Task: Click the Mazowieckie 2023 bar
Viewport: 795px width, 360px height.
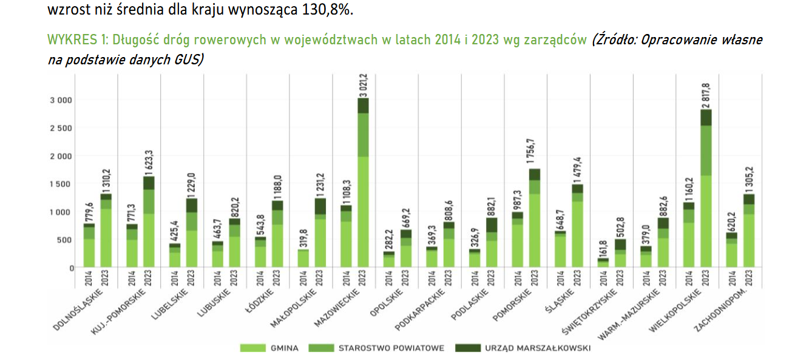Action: coord(363,182)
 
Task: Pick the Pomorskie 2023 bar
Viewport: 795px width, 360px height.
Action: coord(534,219)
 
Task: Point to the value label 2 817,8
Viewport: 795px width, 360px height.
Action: coord(706,95)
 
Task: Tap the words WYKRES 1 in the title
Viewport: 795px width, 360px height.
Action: coord(72,40)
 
